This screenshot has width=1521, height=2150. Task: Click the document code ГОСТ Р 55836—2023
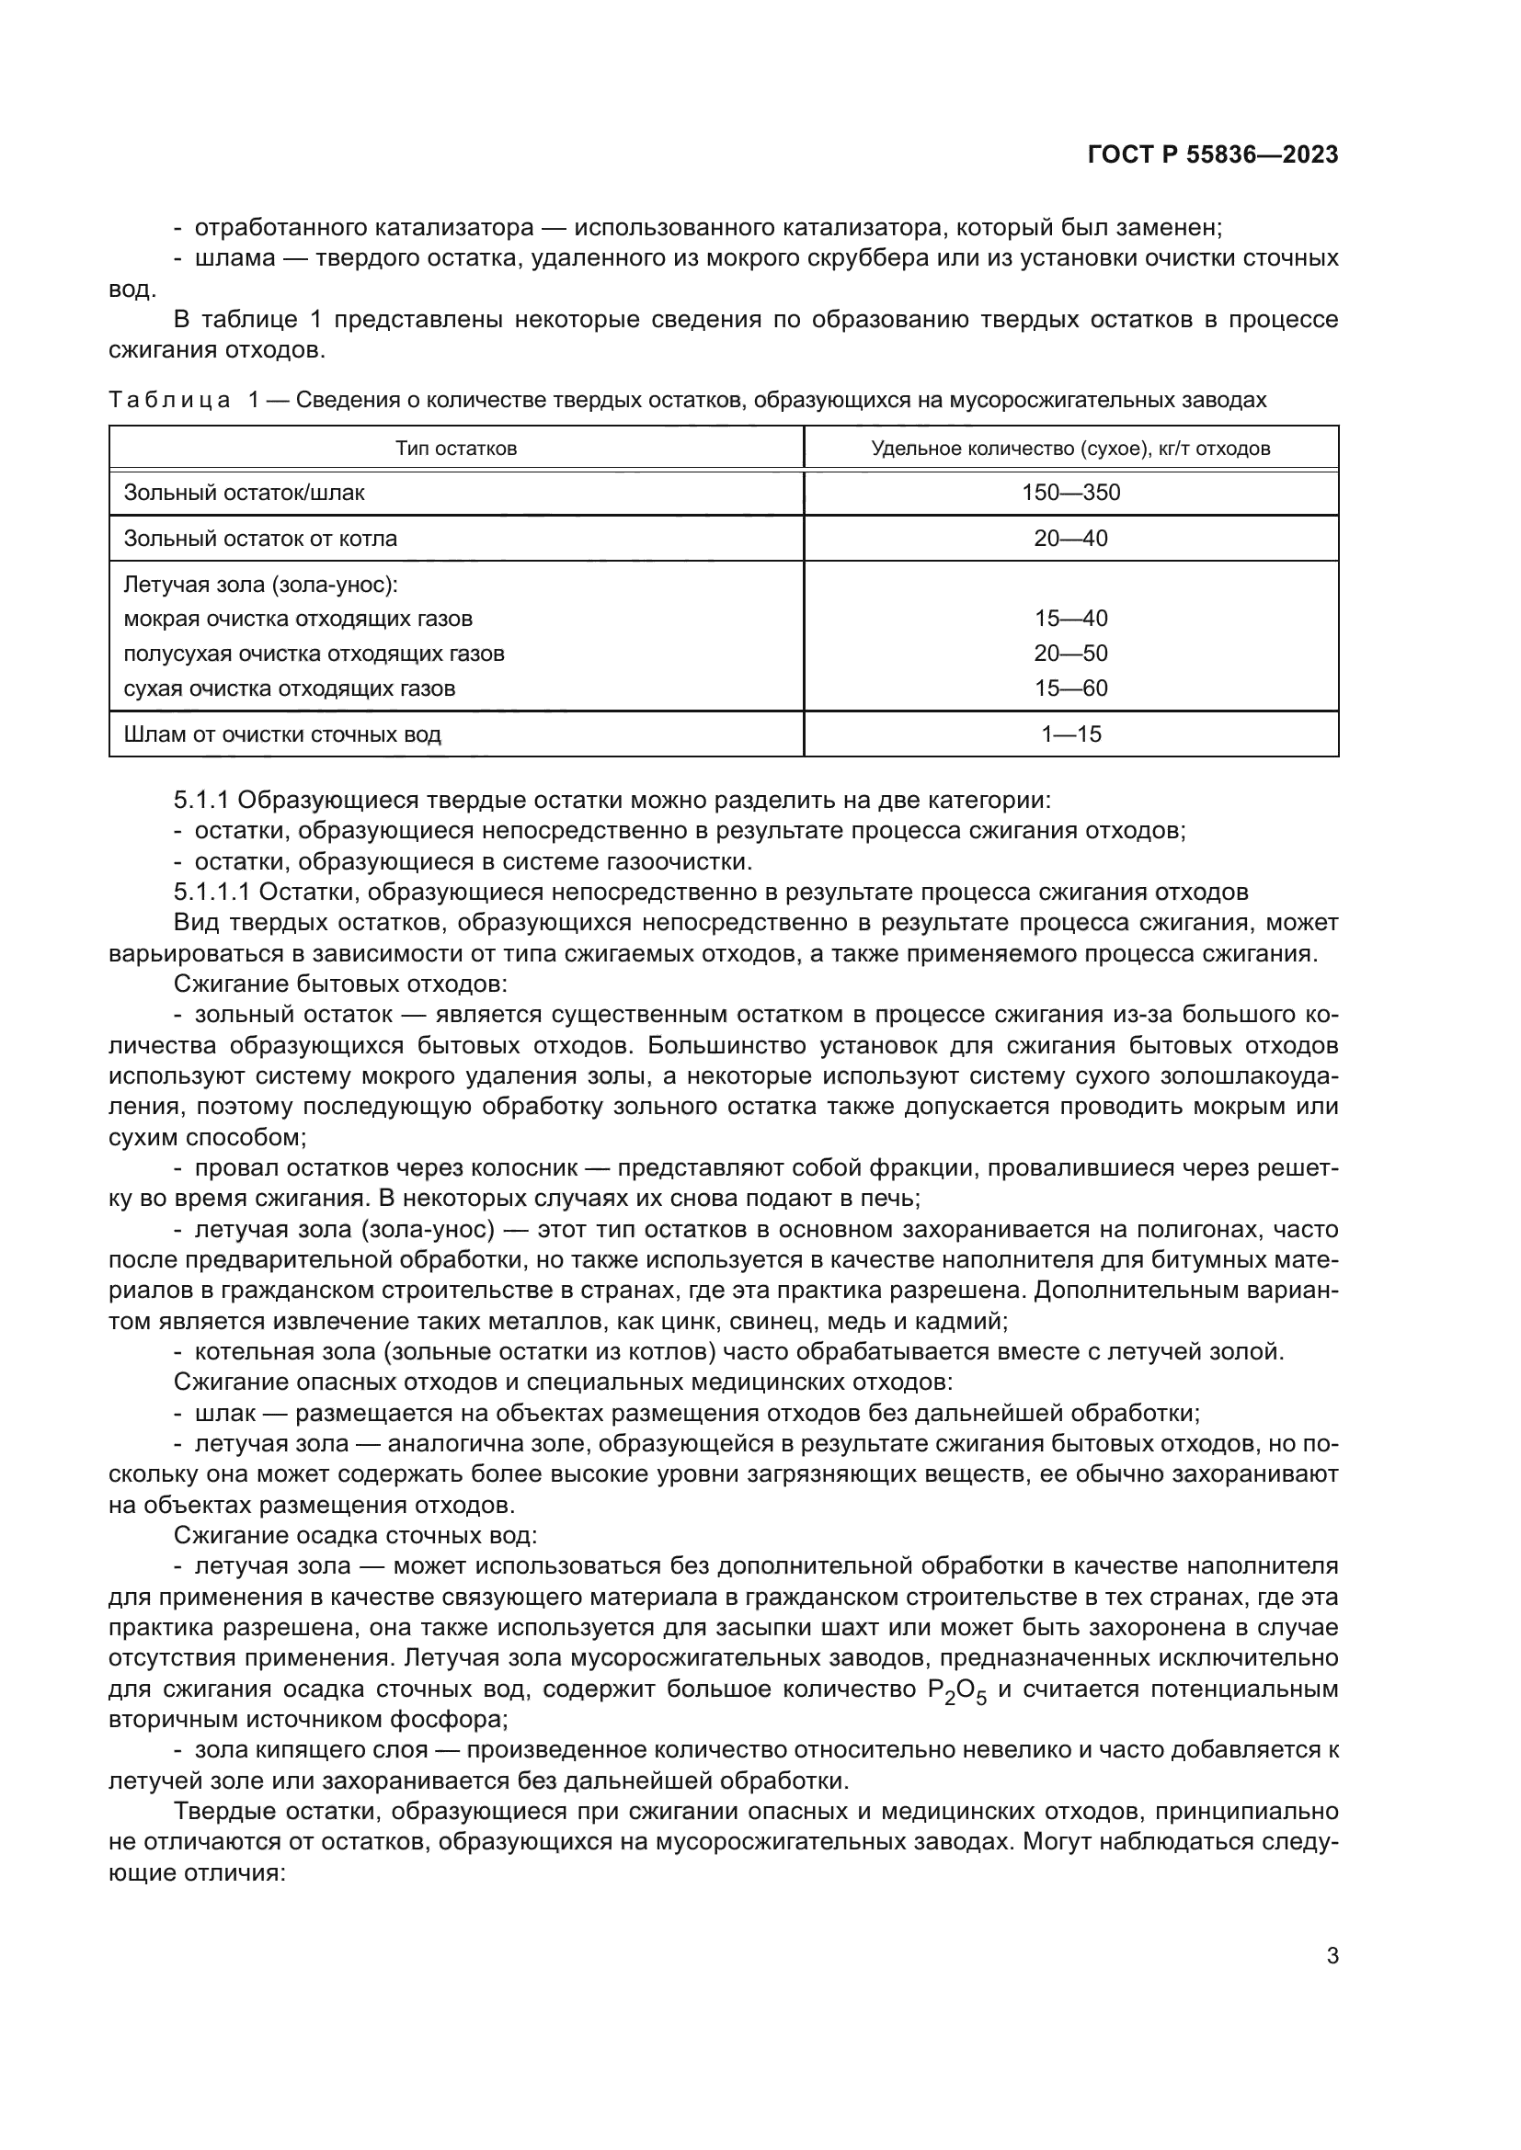point(1212,155)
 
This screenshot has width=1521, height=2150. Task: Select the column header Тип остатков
point(456,449)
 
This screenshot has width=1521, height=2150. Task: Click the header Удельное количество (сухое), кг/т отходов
point(1070,449)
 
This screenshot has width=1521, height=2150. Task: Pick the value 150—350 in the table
point(1070,493)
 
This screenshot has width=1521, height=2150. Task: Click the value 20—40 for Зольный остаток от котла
point(1070,539)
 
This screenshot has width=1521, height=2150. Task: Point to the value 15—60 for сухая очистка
point(1070,688)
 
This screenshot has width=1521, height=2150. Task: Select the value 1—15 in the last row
point(1070,734)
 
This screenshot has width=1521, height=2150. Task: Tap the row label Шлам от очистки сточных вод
point(282,734)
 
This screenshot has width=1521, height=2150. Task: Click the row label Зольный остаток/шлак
point(244,493)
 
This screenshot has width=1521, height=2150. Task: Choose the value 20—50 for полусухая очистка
point(1070,654)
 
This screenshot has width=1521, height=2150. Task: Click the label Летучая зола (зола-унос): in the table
point(261,586)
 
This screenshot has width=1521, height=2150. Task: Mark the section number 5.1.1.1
point(212,892)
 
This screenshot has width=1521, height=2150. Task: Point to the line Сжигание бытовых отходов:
point(341,984)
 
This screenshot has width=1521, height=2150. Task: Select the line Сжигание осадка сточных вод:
point(355,1536)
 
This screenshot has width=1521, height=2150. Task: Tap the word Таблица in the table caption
point(169,401)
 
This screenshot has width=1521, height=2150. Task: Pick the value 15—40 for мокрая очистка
point(1070,619)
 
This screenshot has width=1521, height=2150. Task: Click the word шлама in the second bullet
point(234,258)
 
